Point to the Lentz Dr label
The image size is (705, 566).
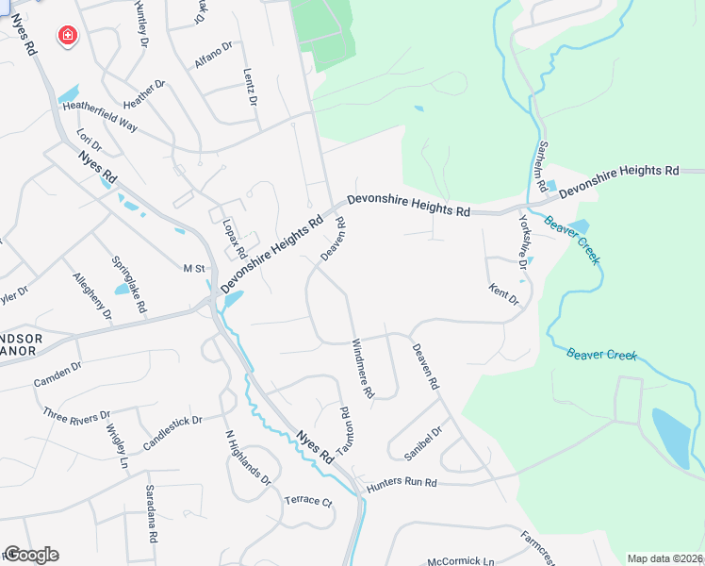[x=251, y=87]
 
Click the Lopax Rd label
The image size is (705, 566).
[x=232, y=239]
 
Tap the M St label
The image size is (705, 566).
[x=194, y=269]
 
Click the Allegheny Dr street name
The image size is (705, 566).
[x=92, y=295]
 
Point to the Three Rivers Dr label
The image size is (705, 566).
[x=76, y=413]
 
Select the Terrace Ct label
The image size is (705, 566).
[x=308, y=501]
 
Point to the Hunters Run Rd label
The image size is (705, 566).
[x=402, y=482]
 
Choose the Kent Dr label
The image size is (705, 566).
[x=504, y=294]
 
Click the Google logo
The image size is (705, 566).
[x=31, y=555]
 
